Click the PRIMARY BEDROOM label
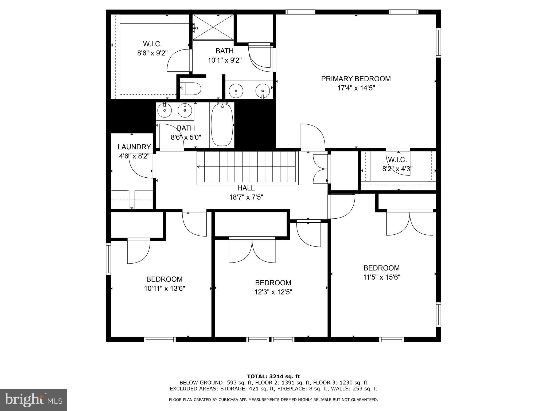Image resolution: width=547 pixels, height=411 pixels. [x=356, y=79]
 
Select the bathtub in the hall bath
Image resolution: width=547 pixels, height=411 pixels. [x=222, y=125]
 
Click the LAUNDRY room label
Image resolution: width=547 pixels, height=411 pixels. [x=134, y=147]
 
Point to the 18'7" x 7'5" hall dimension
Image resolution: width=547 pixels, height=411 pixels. [x=246, y=197]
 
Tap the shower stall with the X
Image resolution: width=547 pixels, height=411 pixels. [x=213, y=27]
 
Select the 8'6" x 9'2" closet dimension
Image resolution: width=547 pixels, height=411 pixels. [x=152, y=53]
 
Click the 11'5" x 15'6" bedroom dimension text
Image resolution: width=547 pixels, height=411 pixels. [x=381, y=277]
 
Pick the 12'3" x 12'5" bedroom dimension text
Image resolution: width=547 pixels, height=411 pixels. [x=273, y=292]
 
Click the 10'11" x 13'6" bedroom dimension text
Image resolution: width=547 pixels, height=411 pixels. [x=165, y=288]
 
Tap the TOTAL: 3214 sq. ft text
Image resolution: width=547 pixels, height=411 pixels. [x=273, y=377]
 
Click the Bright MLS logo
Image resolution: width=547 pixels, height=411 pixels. [x=33, y=400]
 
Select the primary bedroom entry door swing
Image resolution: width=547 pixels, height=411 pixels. [x=312, y=136]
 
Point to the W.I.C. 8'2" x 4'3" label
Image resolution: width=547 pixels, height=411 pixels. [x=397, y=164]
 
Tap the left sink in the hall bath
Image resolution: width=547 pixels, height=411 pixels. [x=165, y=110]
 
